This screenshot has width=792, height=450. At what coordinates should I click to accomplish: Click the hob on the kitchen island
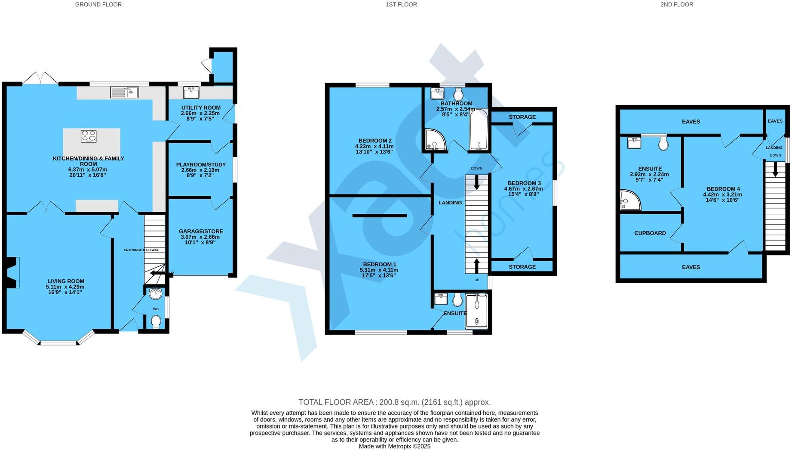[x=89, y=136]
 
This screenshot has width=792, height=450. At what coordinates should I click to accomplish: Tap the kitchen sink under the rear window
[x=124, y=92]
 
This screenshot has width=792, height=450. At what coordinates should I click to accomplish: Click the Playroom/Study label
[x=201, y=165]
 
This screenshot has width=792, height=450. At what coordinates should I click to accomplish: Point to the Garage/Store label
[x=201, y=231]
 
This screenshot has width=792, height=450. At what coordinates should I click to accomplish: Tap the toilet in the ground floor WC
[x=156, y=321]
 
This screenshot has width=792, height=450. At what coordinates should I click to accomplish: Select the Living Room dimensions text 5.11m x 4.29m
[x=65, y=287]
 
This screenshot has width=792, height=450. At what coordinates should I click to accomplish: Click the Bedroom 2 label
[x=375, y=141]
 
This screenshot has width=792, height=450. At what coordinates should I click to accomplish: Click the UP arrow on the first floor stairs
[x=476, y=265]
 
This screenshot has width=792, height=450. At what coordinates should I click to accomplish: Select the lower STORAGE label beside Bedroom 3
[x=522, y=267]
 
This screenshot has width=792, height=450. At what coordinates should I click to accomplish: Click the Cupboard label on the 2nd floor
[x=650, y=233]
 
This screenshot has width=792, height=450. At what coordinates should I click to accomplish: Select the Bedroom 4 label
[x=723, y=189]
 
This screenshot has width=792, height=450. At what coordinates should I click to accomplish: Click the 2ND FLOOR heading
[x=676, y=4]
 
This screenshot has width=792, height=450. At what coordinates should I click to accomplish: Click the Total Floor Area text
[x=394, y=402]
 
